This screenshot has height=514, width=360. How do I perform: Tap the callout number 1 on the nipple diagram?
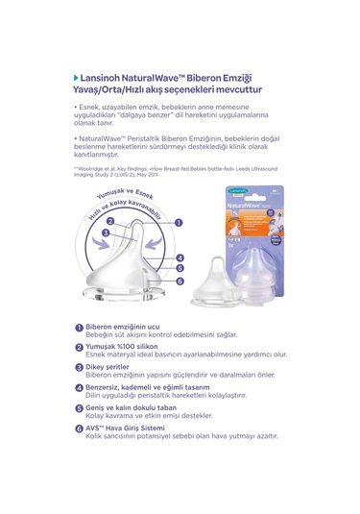click(179, 220)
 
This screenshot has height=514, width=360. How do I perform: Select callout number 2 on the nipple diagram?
click(110, 220)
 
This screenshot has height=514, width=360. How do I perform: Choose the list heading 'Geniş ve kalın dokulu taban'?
click(132, 405)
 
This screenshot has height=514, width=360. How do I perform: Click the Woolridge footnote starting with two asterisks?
click(144, 169)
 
